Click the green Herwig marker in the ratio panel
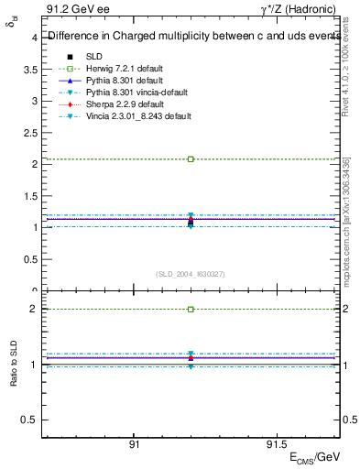coord(191,310)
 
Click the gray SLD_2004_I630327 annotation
coord(191,274)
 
